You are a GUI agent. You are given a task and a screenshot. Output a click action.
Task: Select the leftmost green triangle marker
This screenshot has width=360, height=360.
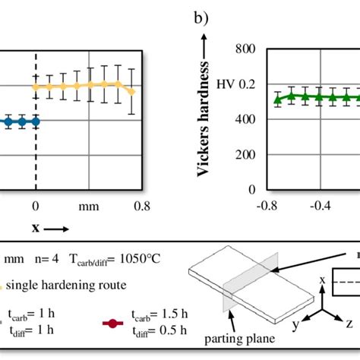pos(278,99)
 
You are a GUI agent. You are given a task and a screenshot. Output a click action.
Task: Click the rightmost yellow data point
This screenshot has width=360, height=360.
pos(132,92)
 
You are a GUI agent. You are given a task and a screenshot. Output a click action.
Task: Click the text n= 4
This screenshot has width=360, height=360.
pos(45,258)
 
